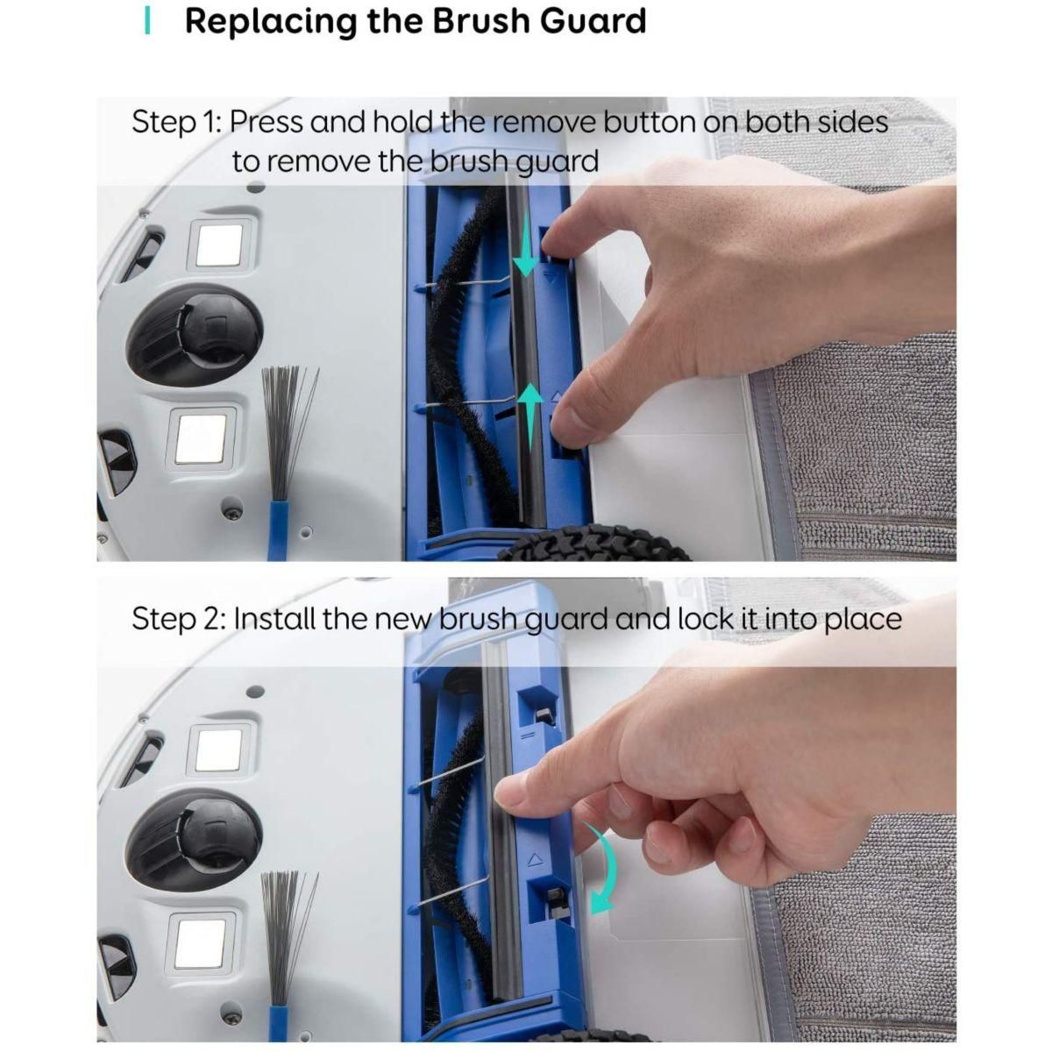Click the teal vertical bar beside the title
point(147,21)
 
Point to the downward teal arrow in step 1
point(525,244)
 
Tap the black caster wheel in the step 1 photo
point(195,332)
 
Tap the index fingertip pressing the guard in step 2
point(511,798)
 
